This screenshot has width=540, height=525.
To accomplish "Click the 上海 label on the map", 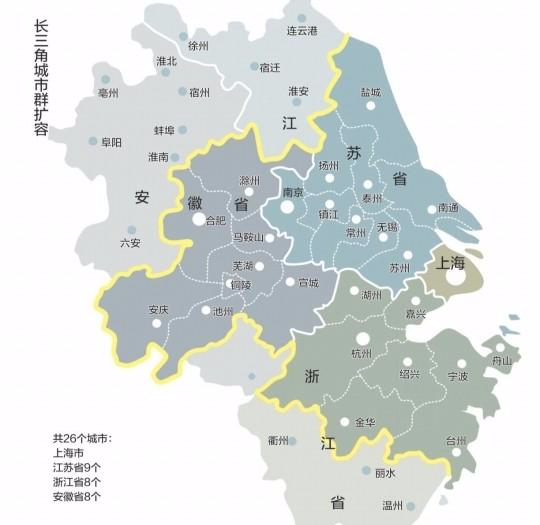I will point(451,262).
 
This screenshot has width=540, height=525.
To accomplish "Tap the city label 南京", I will point(293,192).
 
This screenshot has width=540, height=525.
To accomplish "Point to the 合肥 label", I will point(215,220).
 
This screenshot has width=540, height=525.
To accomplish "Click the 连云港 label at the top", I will point(301,31).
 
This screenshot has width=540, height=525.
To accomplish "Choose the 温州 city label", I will point(393,505).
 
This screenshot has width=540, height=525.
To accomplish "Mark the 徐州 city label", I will point(198,46).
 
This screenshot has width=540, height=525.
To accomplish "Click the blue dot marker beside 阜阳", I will point(93,141).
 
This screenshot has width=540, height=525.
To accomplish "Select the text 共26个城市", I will point(83,439).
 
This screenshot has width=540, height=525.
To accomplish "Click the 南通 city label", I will point(448,208).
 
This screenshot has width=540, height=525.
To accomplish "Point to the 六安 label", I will point(130,242).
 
